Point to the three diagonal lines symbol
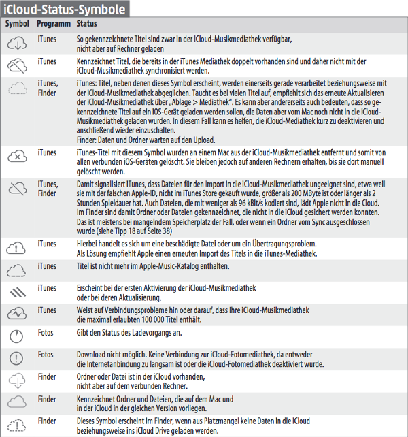17,291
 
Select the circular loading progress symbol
17,336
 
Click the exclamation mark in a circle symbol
17,358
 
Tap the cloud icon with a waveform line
17,312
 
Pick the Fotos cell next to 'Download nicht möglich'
46,354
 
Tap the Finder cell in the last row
48,420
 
